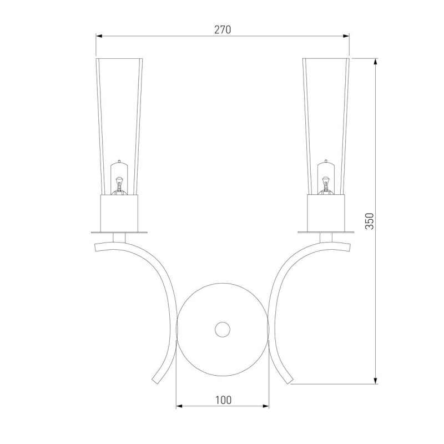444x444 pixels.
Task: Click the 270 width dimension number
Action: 223,30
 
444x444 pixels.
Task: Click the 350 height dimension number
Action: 370,221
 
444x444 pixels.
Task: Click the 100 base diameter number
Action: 224,400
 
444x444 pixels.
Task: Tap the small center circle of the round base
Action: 223,330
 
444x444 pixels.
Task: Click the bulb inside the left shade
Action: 119,178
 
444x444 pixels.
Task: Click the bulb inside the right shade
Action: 326,178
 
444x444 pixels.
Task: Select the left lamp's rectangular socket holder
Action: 119,213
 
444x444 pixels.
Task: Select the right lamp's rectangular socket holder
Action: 326,213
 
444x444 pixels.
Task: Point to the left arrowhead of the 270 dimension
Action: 99,36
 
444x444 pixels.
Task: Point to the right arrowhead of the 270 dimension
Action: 346,36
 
